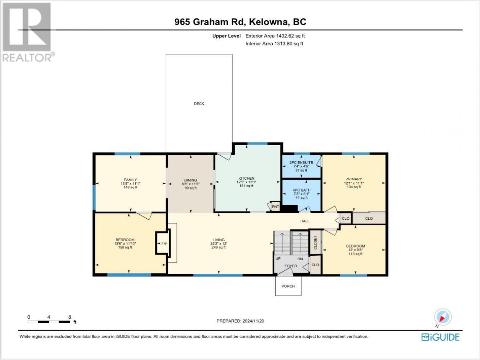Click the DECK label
199,103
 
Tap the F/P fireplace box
163,243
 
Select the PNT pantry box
275,207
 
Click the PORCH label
288,286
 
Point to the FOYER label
291,266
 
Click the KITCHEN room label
246,178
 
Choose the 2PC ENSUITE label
301,162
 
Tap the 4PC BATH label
301,190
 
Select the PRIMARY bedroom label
354,179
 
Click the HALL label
304,221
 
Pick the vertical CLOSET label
315,243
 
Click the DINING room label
190,180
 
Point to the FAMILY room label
130,180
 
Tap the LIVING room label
219,240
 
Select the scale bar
49,322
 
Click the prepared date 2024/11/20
253,321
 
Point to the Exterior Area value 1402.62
284,36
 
